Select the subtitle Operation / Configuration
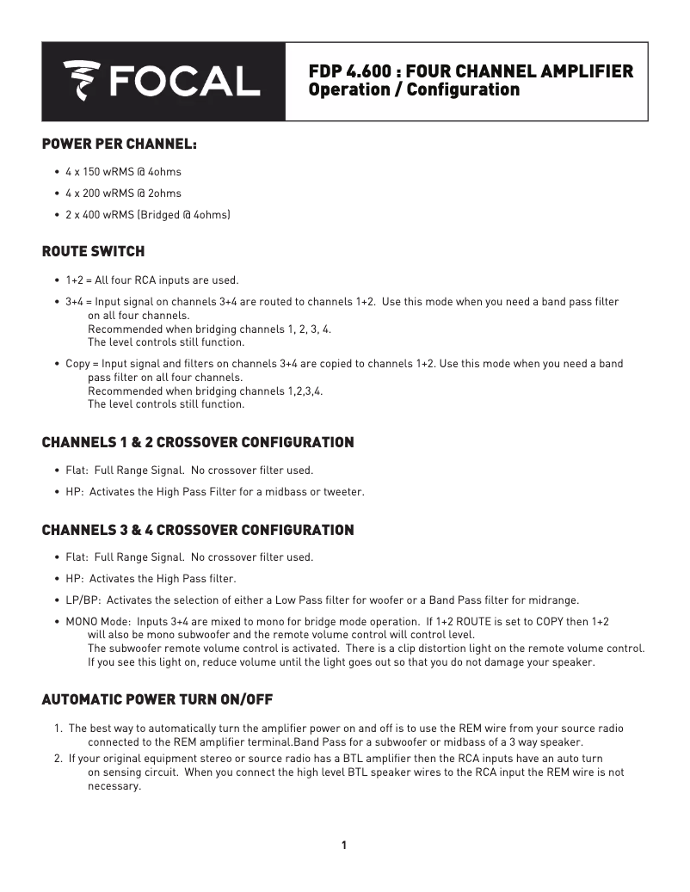(414, 89)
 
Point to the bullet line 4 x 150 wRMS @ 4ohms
(123, 172)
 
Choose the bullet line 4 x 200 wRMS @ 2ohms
(123, 194)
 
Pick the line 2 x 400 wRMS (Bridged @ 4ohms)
(147, 214)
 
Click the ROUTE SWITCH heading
(94, 252)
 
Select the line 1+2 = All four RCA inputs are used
(151, 280)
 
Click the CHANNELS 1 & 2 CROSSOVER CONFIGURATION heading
(198, 443)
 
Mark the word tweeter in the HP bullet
(343, 492)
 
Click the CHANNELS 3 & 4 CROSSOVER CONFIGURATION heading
(198, 530)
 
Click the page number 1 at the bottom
(344, 845)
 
